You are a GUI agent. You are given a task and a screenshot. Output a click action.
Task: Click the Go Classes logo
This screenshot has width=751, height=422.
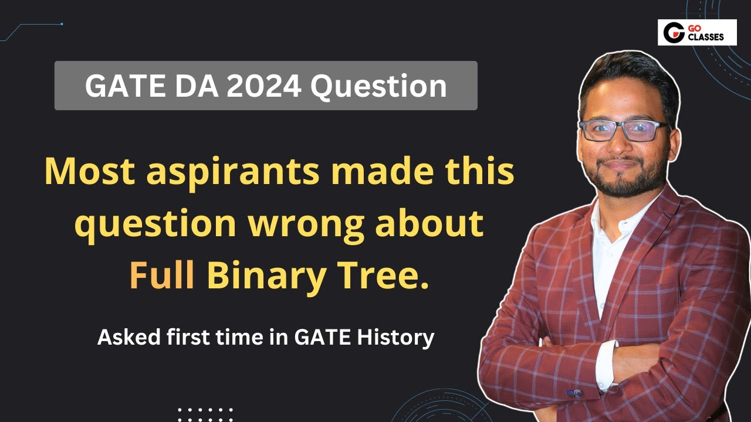point(696,33)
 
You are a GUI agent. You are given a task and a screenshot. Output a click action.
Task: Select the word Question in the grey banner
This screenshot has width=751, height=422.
point(378,87)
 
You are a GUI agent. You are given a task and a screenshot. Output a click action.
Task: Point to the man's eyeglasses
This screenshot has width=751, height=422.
point(623,130)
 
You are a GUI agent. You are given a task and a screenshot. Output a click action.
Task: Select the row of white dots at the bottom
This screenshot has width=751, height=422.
point(205,410)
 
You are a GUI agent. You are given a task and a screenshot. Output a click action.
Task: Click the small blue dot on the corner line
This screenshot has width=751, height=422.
point(62,24)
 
